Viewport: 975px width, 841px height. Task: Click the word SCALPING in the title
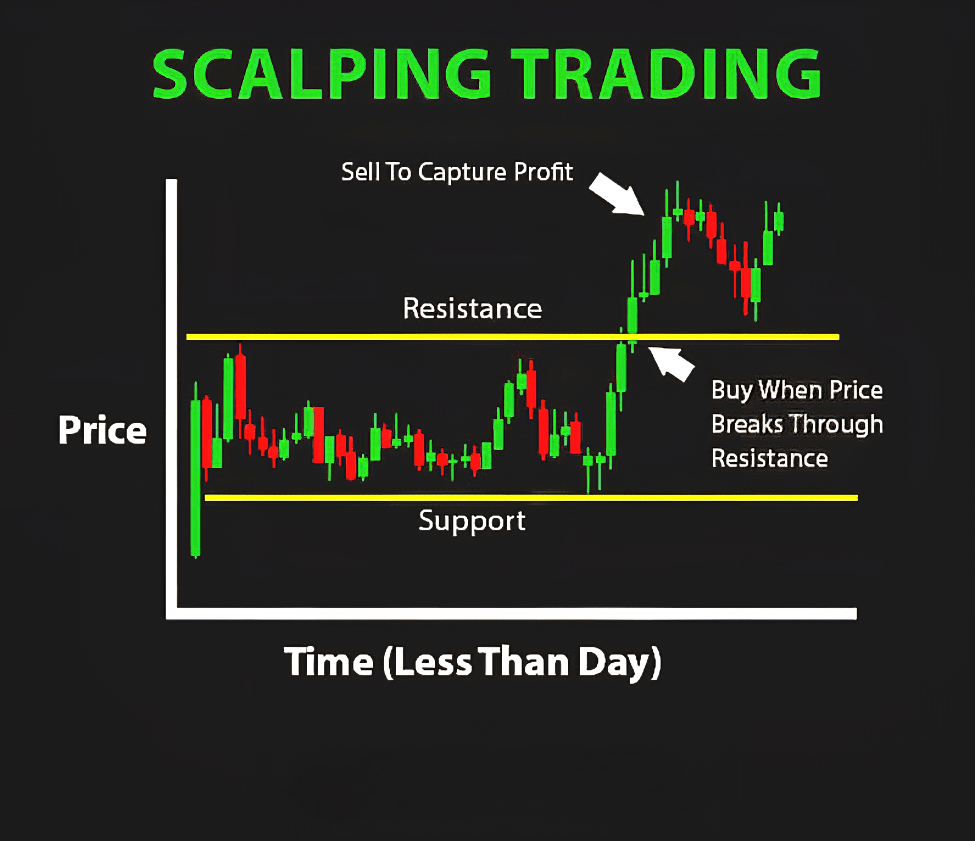coord(321,74)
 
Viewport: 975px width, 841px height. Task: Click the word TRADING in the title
coord(667,74)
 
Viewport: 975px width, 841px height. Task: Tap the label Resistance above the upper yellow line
coord(472,308)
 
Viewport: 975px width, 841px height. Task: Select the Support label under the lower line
coord(472,522)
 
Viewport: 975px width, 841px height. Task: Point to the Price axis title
coord(102,430)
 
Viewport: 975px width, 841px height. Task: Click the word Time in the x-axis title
coord(328,662)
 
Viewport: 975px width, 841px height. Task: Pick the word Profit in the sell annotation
coord(543,172)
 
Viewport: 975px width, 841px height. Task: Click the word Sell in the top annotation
coord(361,172)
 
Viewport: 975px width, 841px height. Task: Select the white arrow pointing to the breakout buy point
coord(670,363)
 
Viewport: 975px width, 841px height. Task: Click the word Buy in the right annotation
coord(732,391)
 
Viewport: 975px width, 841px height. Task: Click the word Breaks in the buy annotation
coord(747,424)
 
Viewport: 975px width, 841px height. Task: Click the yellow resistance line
coord(512,336)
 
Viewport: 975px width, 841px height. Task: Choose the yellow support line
coord(531,498)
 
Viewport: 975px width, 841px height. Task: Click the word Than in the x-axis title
coord(523,662)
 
